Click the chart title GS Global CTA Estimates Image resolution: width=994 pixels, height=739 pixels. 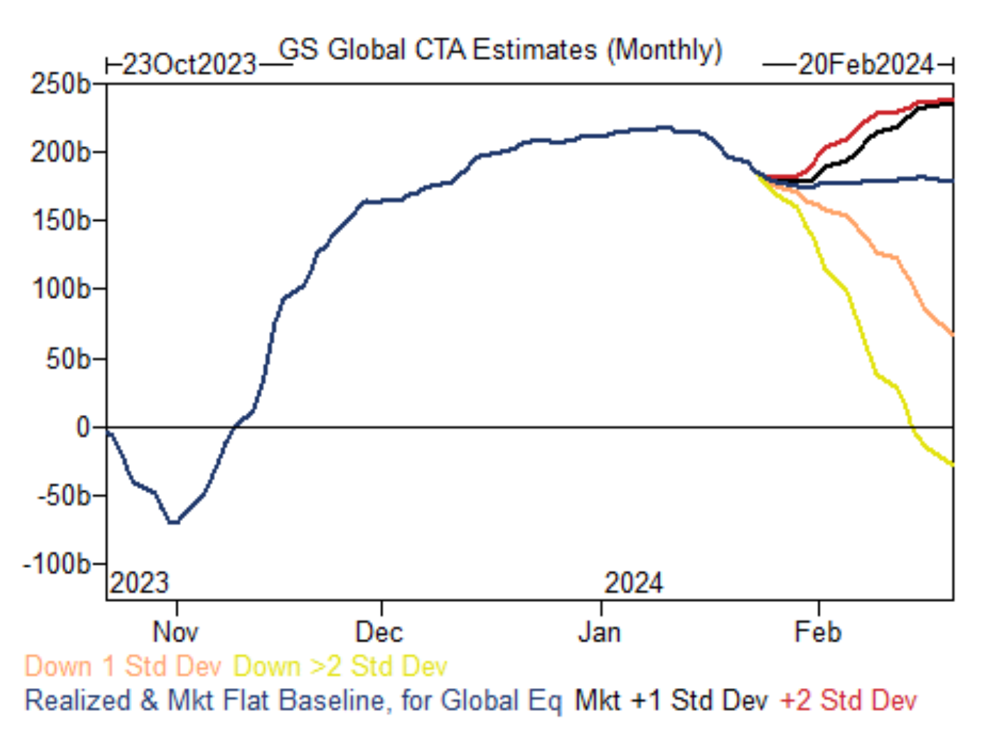[x=500, y=50]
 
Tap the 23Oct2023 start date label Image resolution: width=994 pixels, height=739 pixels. [x=189, y=65]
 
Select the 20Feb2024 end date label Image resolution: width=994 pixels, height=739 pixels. [x=865, y=65]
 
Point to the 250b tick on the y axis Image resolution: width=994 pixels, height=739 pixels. [x=61, y=84]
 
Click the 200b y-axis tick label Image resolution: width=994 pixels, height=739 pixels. [x=61, y=152]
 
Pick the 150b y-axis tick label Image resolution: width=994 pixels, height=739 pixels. [x=61, y=221]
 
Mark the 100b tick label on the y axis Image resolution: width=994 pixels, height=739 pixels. [x=61, y=288]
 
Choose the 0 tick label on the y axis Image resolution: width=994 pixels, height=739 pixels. [x=83, y=427]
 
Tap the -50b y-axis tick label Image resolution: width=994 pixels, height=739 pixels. [x=64, y=496]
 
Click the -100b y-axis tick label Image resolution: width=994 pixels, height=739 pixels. [x=57, y=564]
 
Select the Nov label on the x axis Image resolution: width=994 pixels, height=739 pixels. [x=175, y=632]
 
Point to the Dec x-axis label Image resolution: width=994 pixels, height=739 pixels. [x=379, y=632]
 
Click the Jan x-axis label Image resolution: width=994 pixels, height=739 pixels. [x=599, y=632]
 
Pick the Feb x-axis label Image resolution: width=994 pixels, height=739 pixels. [x=818, y=632]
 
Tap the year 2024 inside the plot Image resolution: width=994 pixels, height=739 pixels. [x=633, y=583]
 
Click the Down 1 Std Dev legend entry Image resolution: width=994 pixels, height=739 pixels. [x=123, y=666]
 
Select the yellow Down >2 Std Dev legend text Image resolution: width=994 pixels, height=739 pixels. [x=340, y=666]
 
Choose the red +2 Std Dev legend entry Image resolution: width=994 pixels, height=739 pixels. [x=848, y=700]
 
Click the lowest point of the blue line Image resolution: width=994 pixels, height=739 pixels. [x=173, y=522]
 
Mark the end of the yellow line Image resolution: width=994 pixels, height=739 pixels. [x=952, y=464]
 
